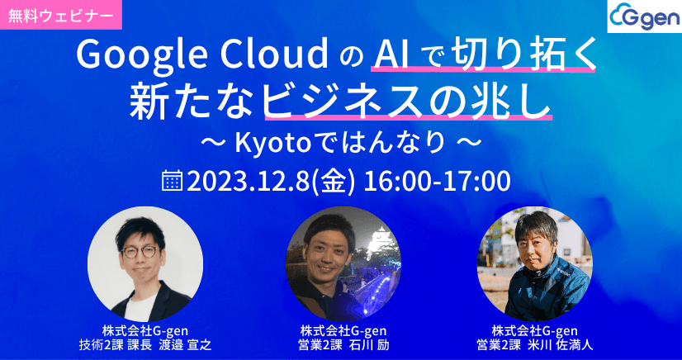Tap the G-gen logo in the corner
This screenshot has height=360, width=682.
(x=642, y=17)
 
